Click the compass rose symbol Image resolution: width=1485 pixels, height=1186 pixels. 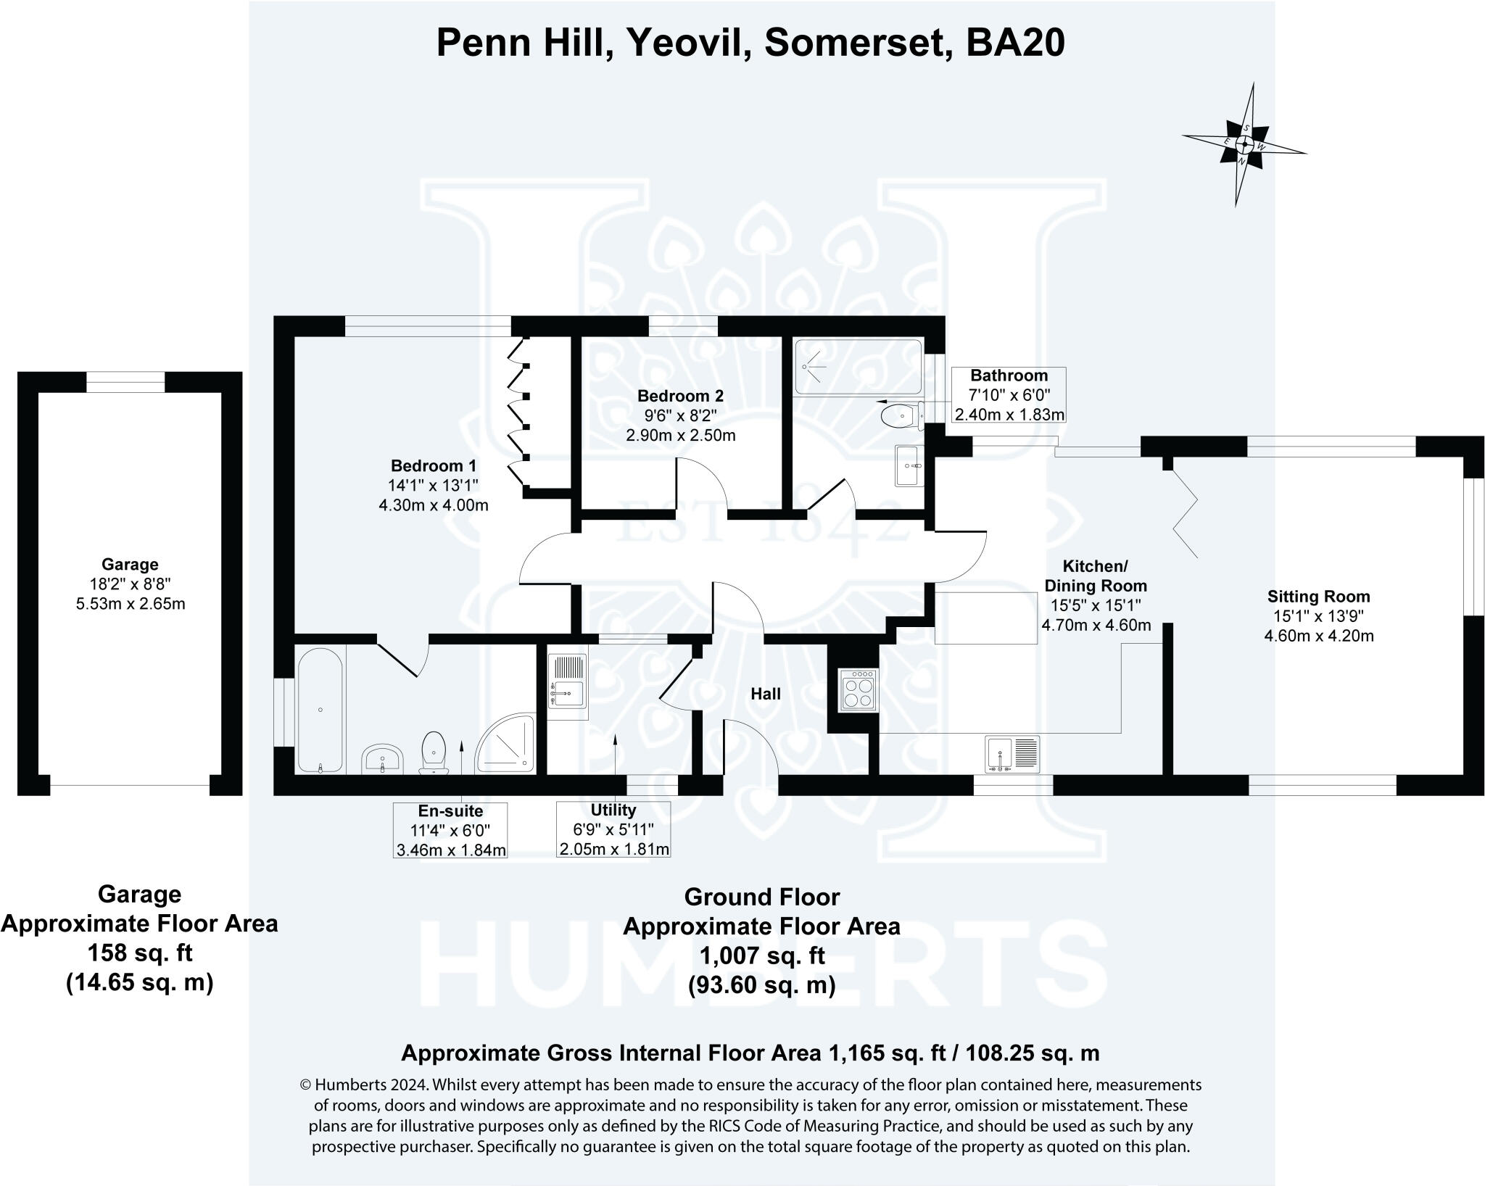click(x=1244, y=145)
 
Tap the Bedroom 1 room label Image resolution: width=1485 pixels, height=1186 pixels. click(x=434, y=466)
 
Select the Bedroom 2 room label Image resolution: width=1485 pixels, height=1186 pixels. click(x=680, y=397)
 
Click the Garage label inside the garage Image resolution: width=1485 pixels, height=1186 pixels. click(x=130, y=564)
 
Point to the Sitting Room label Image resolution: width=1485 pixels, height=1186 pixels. click(x=1318, y=597)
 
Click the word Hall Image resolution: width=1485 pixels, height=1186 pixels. click(x=765, y=694)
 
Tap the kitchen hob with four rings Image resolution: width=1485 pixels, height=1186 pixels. click(x=859, y=690)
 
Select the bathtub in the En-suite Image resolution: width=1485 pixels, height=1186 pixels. click(x=320, y=710)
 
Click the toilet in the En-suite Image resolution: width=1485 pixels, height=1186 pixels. click(x=434, y=750)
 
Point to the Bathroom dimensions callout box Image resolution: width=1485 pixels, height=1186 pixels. click(x=1009, y=395)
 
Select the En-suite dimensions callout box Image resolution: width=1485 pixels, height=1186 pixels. click(x=450, y=830)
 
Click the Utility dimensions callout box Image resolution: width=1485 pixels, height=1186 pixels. click(x=613, y=830)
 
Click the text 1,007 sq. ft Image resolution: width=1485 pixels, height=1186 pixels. click(x=761, y=956)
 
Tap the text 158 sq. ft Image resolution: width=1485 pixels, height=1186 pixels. click(x=139, y=953)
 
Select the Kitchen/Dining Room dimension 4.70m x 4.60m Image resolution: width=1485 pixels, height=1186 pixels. click(x=1096, y=625)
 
